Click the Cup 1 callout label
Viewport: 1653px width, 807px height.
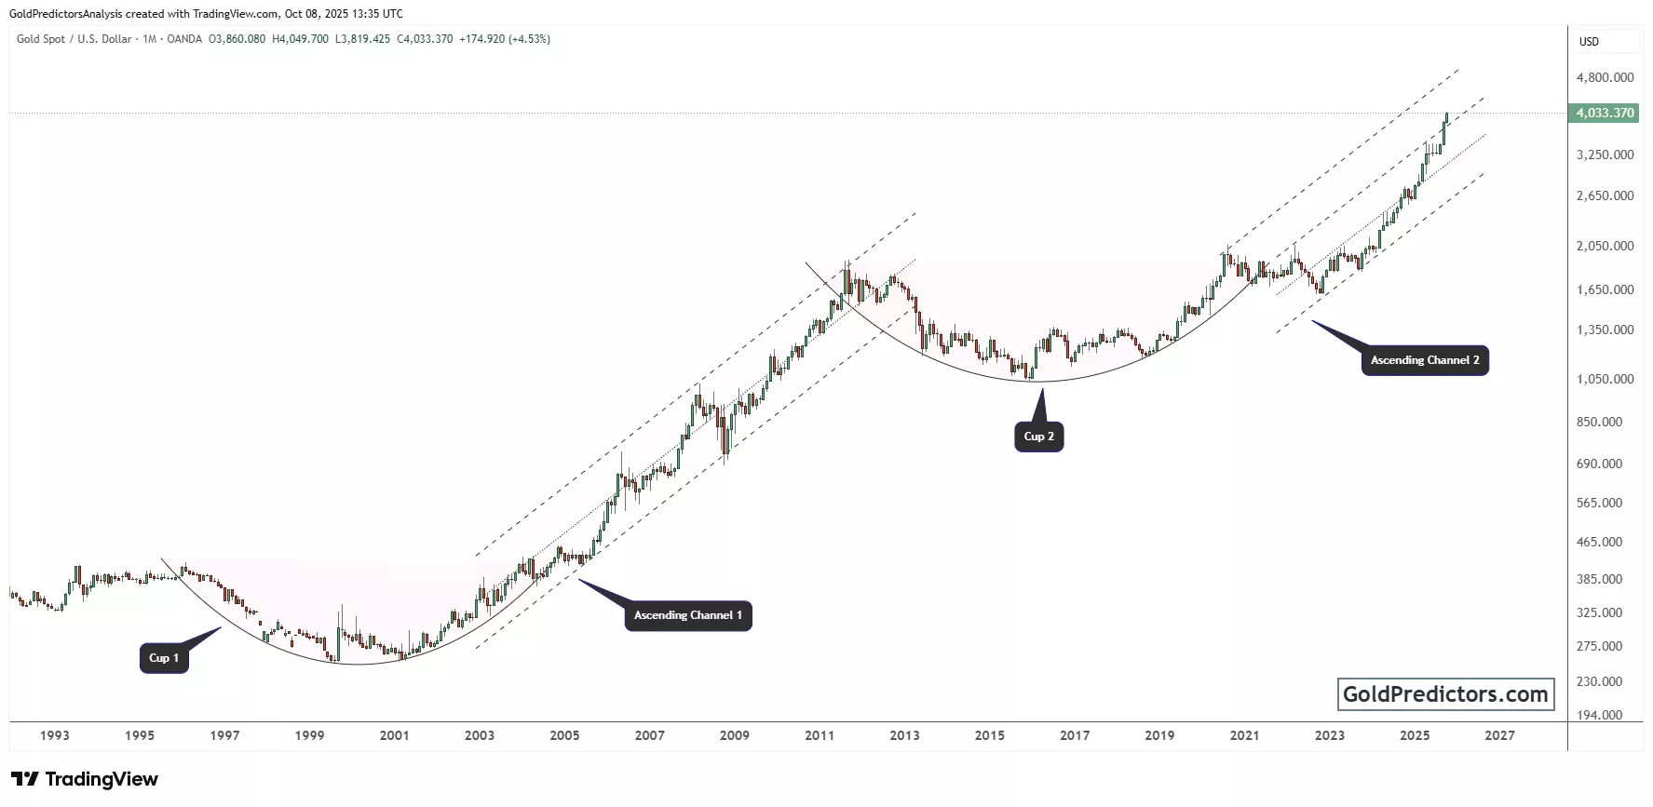[164, 658]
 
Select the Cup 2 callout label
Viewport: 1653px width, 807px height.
[1038, 437]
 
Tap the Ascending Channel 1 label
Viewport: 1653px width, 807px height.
[688, 615]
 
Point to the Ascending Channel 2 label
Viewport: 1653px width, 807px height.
[1424, 360]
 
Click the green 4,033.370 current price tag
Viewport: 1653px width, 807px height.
[1605, 113]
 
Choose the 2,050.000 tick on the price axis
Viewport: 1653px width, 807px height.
[1605, 246]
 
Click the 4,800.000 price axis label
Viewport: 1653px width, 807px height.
[1605, 77]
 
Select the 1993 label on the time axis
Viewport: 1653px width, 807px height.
[55, 735]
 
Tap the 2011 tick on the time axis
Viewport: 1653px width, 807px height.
[820, 735]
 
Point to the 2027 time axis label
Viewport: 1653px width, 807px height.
[1499, 735]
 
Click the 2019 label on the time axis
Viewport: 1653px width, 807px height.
[1159, 735]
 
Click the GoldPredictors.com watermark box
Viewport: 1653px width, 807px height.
[1445, 694]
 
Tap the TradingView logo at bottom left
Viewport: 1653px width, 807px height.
[85, 779]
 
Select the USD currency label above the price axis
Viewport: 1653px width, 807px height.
[1589, 41]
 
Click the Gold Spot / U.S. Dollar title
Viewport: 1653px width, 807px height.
[74, 39]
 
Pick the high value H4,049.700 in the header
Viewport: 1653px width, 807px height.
[300, 39]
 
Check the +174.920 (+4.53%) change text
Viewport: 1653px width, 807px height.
[505, 39]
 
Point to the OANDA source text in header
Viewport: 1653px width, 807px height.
[184, 39]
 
